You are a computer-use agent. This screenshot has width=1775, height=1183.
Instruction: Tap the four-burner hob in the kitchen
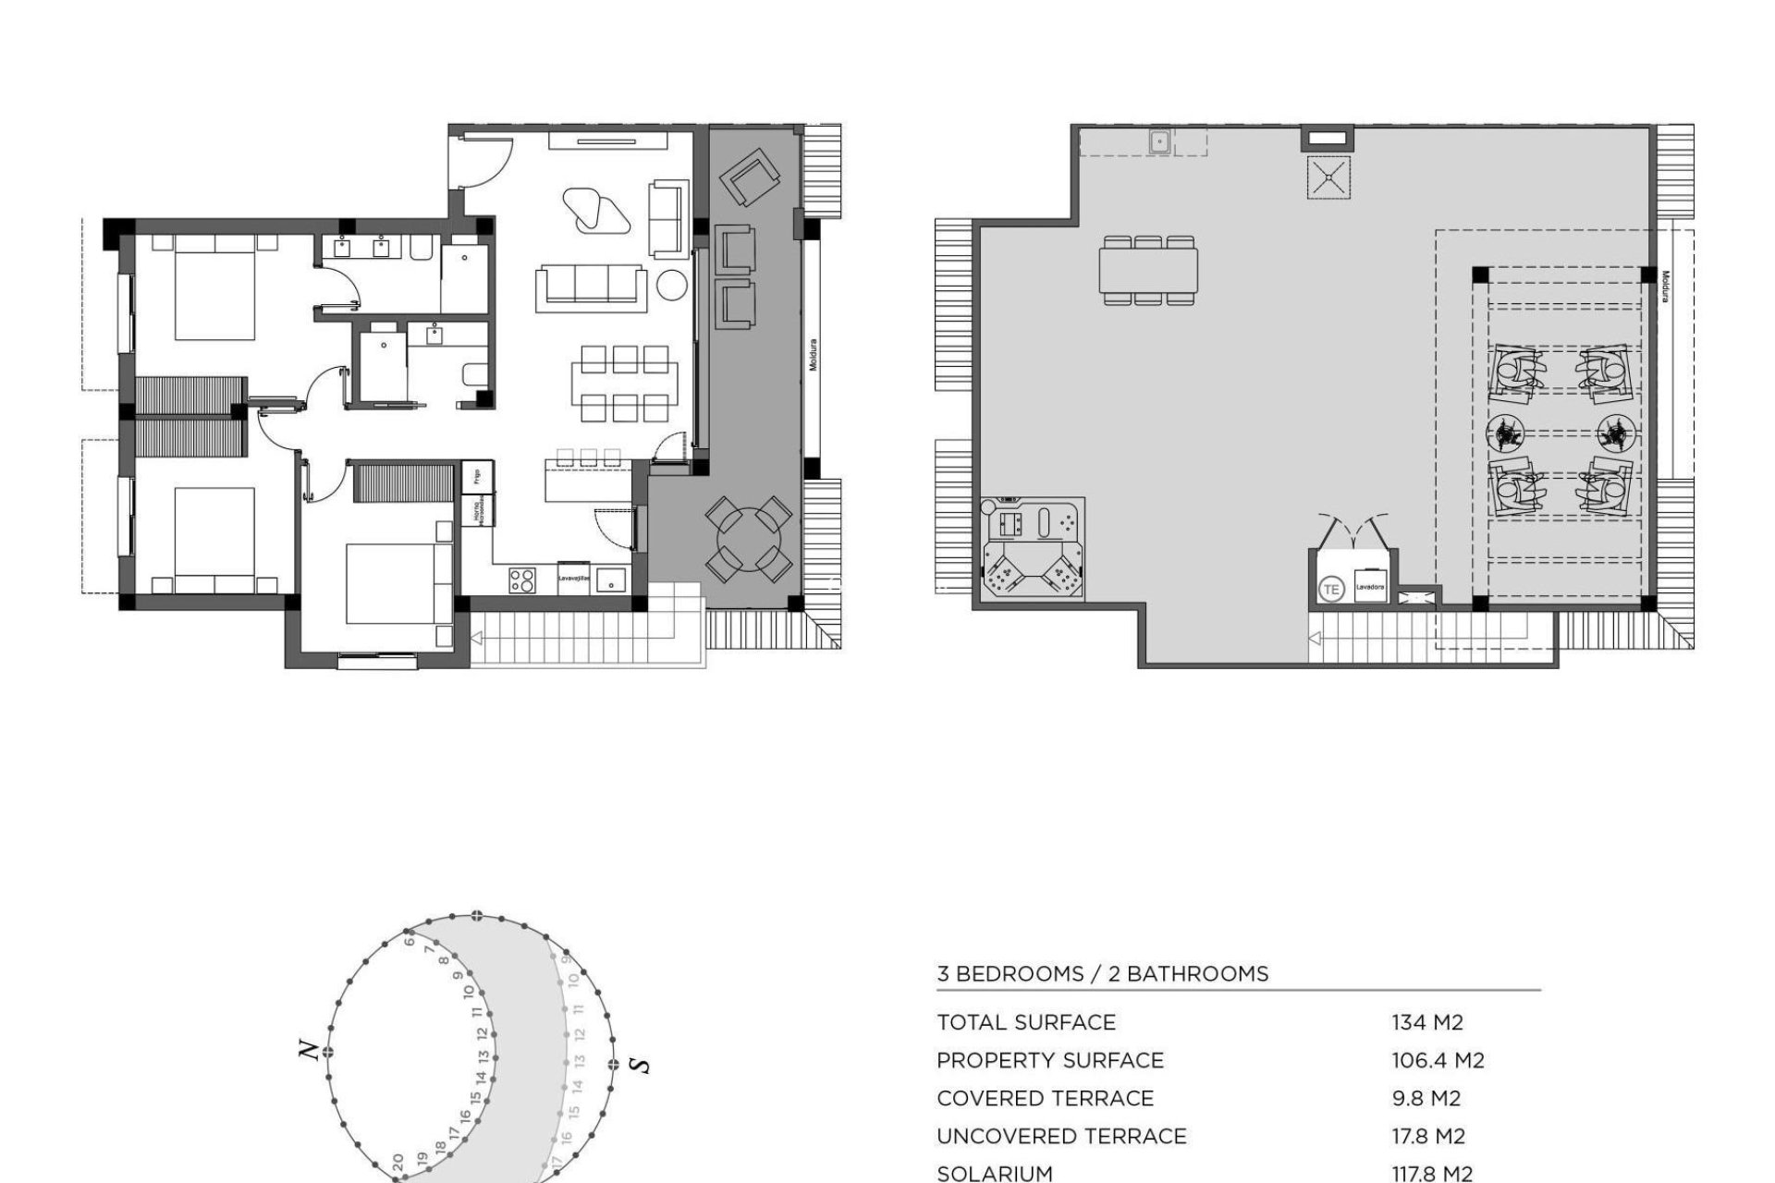point(522,580)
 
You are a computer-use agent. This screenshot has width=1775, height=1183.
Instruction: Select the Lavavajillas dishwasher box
point(573,578)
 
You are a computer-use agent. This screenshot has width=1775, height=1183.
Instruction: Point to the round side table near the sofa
point(673,286)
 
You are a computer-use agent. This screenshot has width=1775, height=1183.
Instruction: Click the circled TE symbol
point(1331,588)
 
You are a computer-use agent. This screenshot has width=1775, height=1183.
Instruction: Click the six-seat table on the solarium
point(1149,270)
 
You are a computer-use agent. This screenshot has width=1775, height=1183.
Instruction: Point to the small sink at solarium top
point(1160,142)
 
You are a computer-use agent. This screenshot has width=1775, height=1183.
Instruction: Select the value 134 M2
point(1427,1022)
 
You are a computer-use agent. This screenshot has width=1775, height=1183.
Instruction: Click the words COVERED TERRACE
point(1045,1098)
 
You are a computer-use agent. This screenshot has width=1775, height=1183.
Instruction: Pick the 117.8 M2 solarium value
point(1431,1174)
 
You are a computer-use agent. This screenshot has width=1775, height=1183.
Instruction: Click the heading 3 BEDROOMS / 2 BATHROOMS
point(1102,973)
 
